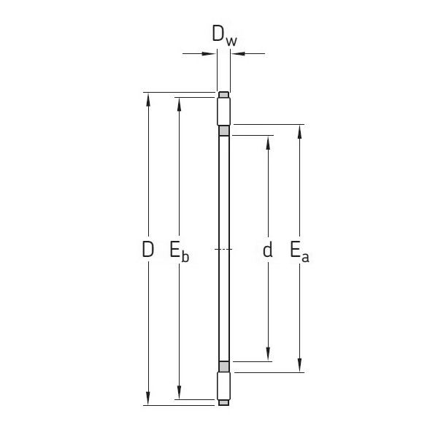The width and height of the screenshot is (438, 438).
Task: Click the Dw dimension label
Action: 224,35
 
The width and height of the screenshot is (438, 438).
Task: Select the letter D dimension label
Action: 148,250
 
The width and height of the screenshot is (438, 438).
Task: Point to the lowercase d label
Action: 268,250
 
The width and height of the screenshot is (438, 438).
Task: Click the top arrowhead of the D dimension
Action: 148,98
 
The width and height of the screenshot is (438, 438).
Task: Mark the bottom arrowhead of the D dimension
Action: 148,399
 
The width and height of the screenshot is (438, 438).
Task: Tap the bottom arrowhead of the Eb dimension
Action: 177,394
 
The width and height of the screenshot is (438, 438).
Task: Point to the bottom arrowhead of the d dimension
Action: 268,356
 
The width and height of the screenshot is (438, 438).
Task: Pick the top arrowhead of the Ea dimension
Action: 299,131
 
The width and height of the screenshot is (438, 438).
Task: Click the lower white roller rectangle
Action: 224,385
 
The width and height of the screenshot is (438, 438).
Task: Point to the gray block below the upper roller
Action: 224,131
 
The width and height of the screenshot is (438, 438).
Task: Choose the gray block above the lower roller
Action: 224,366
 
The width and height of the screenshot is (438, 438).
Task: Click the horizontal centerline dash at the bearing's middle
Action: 224,250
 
